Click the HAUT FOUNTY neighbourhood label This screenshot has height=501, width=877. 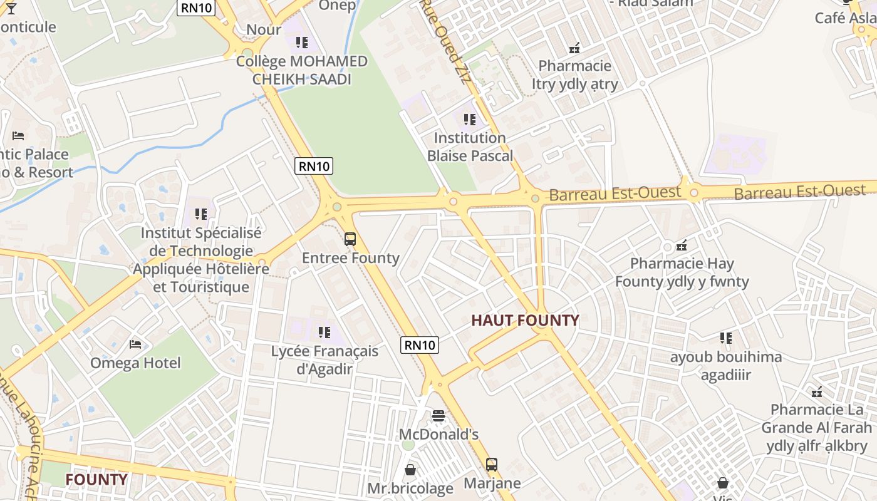[x=525, y=321]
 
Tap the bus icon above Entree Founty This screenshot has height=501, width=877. [x=350, y=239]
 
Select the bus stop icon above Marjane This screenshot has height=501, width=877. [x=492, y=465]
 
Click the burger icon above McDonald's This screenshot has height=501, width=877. [x=438, y=416]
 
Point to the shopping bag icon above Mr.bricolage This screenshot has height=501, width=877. [x=410, y=469]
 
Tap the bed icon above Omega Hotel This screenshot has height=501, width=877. [x=135, y=344]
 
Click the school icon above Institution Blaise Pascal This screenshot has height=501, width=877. [x=470, y=119]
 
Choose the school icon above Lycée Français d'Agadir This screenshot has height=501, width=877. [x=324, y=332]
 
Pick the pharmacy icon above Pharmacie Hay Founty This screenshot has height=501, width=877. [x=682, y=245]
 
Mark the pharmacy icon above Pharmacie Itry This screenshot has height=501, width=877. [x=574, y=47]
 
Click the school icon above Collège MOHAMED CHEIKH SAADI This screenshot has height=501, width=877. [x=302, y=43]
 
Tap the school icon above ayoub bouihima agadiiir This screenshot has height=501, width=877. [x=726, y=338]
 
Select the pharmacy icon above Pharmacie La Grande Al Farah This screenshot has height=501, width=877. [x=817, y=392]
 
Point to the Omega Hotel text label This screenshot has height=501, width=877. [x=135, y=363]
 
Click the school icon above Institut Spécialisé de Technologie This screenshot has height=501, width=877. [x=200, y=214]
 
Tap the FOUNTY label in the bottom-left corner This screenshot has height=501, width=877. [x=96, y=480]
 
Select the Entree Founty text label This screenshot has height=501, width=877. [x=350, y=258]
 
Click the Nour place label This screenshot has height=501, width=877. [x=264, y=29]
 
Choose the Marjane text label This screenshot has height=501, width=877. [x=492, y=483]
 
